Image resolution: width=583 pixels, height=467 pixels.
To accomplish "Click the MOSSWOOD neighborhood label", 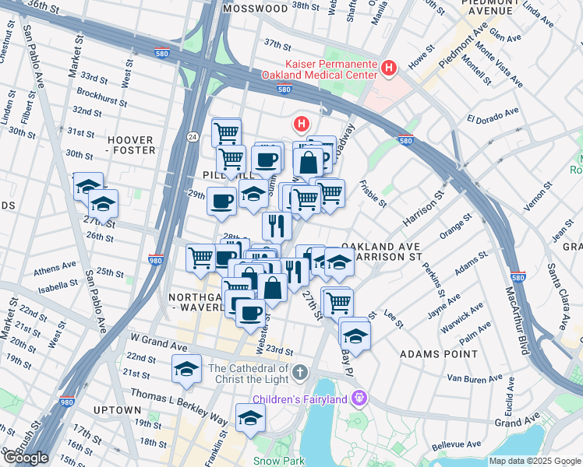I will tap(255, 9).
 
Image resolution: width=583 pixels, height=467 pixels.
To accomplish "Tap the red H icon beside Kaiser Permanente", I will tap(389, 69).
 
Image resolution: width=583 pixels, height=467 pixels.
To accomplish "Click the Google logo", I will tap(26, 458).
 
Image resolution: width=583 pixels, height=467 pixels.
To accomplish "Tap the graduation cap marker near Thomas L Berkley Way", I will tap(251, 418).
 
